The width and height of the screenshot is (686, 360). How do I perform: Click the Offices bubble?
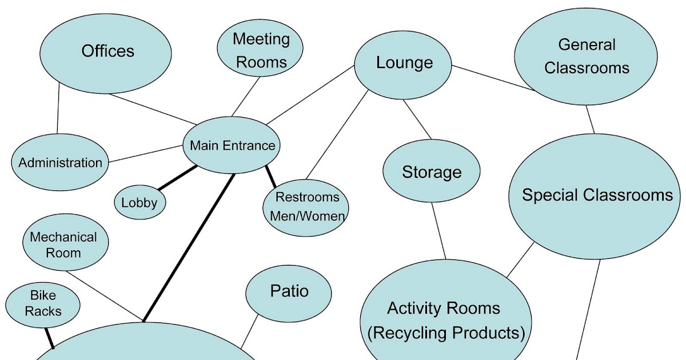107,51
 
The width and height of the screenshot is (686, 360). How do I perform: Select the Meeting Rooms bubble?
261,50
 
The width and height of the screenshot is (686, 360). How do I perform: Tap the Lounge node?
404,63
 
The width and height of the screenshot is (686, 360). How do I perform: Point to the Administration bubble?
60,163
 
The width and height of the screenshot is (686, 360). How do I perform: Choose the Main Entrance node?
232,145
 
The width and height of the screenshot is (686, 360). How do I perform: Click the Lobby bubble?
139,202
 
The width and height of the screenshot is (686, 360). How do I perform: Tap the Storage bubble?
432,172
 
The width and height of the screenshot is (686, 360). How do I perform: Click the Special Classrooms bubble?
597,195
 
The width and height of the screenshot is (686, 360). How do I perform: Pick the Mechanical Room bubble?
64,245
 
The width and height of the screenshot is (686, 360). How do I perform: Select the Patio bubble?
289,292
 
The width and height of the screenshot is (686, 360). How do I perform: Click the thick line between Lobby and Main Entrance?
177,178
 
